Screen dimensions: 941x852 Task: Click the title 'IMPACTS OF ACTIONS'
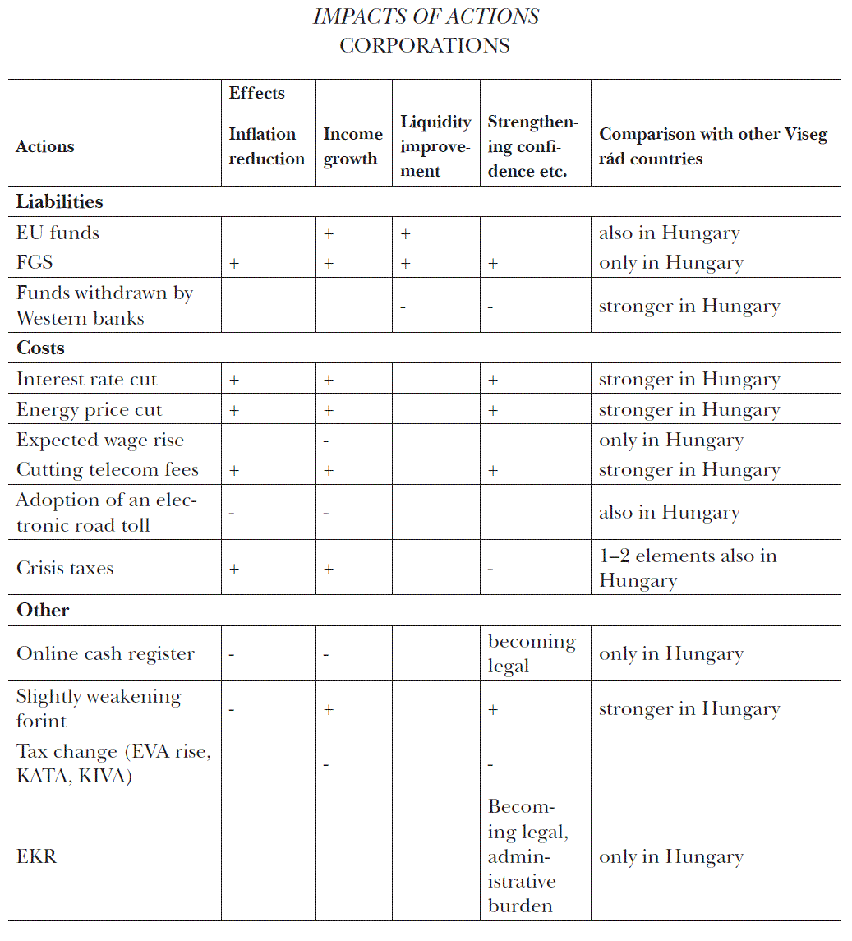[x=426, y=16]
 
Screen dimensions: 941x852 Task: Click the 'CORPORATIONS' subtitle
[x=425, y=45]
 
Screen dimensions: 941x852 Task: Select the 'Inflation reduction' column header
[x=266, y=146]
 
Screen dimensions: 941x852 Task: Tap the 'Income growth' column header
[x=352, y=146]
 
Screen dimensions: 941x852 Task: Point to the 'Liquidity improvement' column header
[x=435, y=146]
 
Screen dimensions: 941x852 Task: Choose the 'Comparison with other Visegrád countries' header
[x=714, y=146]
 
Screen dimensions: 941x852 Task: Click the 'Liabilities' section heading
[x=60, y=201]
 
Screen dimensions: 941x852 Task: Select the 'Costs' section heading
[x=40, y=348]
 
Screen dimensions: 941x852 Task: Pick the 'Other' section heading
[x=43, y=610]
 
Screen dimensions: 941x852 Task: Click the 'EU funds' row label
[x=58, y=233]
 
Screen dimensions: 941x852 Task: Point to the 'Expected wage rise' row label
[x=100, y=440]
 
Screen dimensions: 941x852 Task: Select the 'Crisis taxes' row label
[x=65, y=568]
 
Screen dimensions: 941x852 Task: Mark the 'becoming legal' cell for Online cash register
[x=532, y=653]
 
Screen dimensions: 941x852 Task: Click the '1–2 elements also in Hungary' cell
[x=687, y=568]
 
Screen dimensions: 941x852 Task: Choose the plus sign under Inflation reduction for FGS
[x=234, y=264]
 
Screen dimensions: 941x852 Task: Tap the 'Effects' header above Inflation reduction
[x=256, y=93]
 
